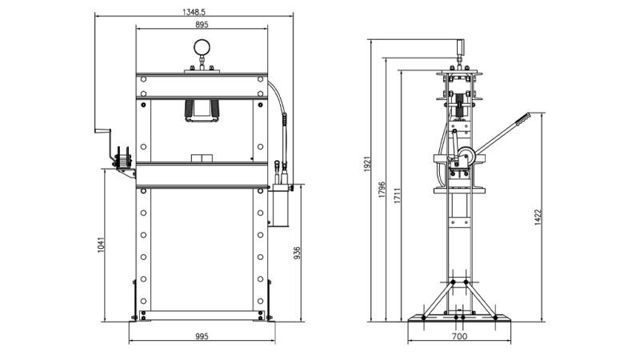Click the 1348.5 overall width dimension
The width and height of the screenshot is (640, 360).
tap(194, 12)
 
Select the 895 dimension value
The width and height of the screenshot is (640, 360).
tap(202, 25)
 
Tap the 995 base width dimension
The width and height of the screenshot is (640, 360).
tap(202, 336)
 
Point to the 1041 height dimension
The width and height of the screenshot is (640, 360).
tap(102, 245)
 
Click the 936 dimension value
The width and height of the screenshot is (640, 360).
tap(297, 253)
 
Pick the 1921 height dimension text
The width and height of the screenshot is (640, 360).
tap(367, 164)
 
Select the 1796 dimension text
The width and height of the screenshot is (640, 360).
tap(382, 190)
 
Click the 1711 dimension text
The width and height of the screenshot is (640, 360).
tap(398, 196)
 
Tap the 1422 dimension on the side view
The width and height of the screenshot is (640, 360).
tap(538, 217)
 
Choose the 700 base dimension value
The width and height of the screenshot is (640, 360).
tap(459, 336)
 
